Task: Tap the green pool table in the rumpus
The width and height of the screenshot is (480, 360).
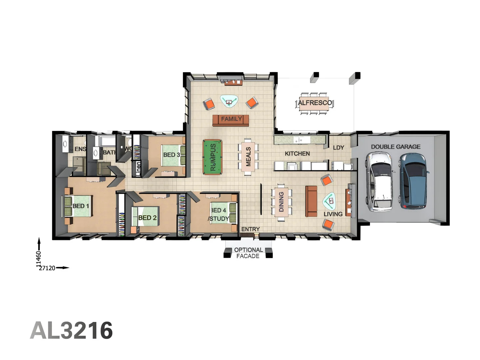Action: point(212,157)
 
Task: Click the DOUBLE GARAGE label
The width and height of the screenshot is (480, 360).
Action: point(395,147)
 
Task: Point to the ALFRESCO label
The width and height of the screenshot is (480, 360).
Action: point(315,103)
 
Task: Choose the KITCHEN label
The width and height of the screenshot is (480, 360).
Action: point(297,154)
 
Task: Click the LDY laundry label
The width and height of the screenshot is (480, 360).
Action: point(338,147)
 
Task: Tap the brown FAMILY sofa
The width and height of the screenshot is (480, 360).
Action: point(231,120)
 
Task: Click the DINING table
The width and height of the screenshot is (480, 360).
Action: point(281,202)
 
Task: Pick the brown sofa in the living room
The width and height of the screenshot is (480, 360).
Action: point(311,201)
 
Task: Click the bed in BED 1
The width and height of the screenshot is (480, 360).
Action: point(79,206)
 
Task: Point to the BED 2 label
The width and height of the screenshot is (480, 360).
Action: point(147,218)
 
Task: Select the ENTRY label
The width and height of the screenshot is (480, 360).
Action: point(250,229)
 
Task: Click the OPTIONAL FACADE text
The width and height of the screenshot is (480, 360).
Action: point(248,253)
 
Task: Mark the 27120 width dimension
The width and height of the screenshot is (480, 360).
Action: point(47,268)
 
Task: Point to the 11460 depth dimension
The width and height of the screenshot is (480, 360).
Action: point(39,259)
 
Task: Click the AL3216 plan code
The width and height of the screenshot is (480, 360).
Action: point(71,331)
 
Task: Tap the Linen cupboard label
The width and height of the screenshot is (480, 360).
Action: point(138,168)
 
